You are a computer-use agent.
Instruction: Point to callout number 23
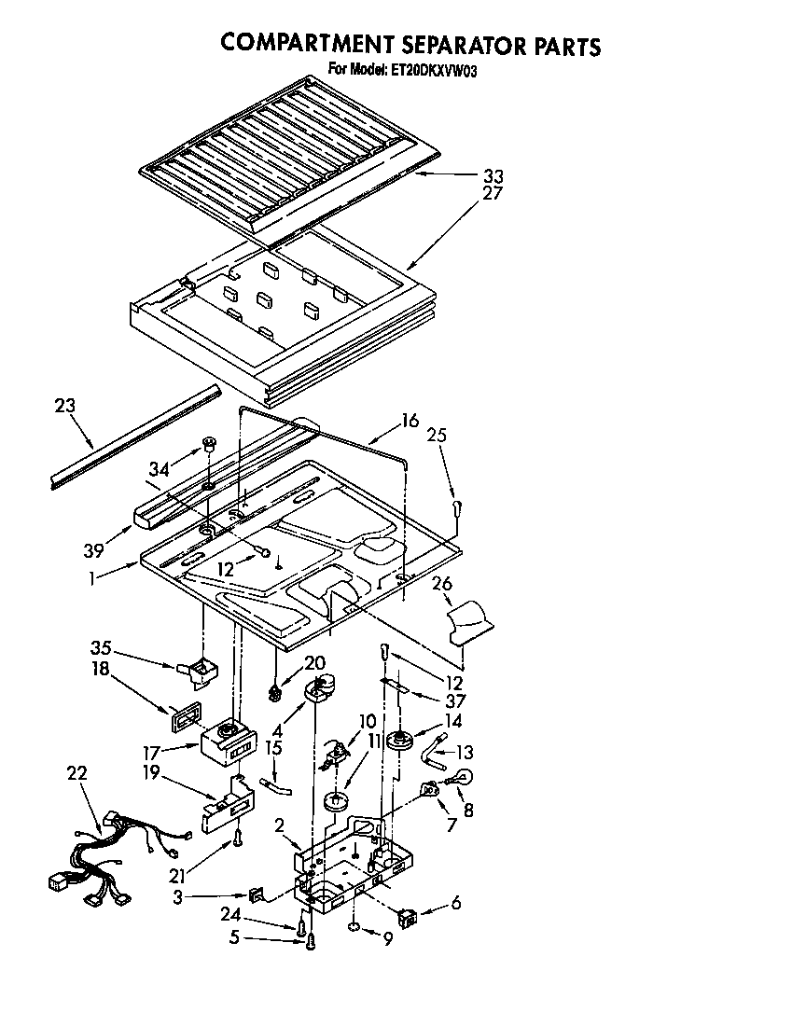(x=64, y=406)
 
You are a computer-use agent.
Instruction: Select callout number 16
(x=410, y=421)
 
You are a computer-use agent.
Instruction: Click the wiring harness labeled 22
(x=103, y=853)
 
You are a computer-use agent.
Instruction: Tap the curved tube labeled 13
(x=436, y=746)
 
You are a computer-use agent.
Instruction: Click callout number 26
(x=441, y=584)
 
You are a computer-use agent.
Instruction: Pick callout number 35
(x=101, y=647)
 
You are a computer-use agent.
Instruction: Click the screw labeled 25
(x=455, y=507)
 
